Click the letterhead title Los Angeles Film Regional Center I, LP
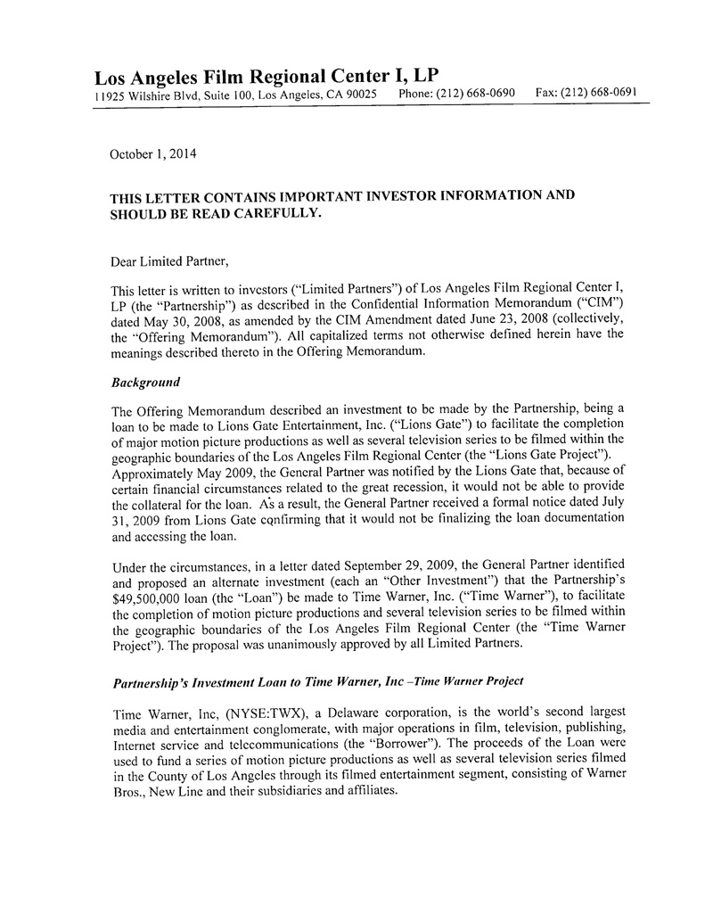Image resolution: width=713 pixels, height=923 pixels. [x=266, y=73]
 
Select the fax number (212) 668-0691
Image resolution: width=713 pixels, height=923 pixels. [x=605, y=92]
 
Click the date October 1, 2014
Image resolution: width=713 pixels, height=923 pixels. [x=152, y=153]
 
